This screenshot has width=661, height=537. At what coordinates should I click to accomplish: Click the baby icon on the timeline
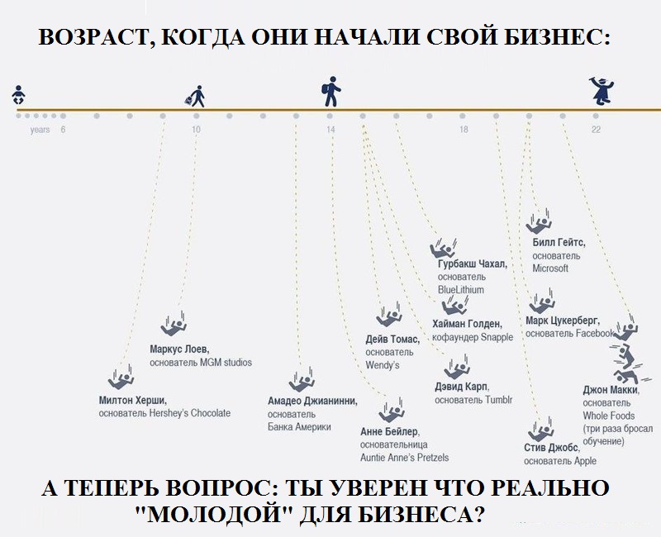tap(18, 96)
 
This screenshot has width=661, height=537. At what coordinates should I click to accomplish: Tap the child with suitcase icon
tap(196, 95)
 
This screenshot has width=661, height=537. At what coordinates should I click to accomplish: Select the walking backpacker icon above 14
tap(330, 93)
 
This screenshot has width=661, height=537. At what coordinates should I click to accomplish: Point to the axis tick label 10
tap(196, 130)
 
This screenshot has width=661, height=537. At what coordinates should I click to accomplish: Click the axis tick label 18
tap(464, 130)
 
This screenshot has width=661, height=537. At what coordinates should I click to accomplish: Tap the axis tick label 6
tap(63, 130)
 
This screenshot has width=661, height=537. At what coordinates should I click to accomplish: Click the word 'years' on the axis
tap(40, 130)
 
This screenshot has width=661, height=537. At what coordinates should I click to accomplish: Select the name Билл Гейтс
tap(559, 242)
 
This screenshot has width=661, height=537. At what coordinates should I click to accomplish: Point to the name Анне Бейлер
tap(389, 431)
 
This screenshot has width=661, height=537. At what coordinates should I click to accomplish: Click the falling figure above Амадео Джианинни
tap(299, 382)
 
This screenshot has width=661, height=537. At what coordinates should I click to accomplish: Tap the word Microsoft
tap(550, 268)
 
